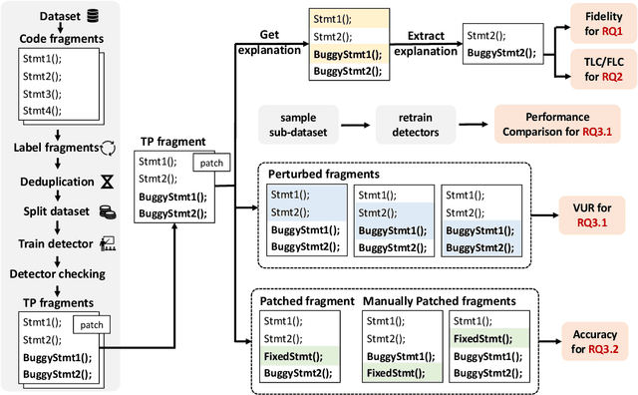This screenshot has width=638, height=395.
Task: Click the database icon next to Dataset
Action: pos(93,16)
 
